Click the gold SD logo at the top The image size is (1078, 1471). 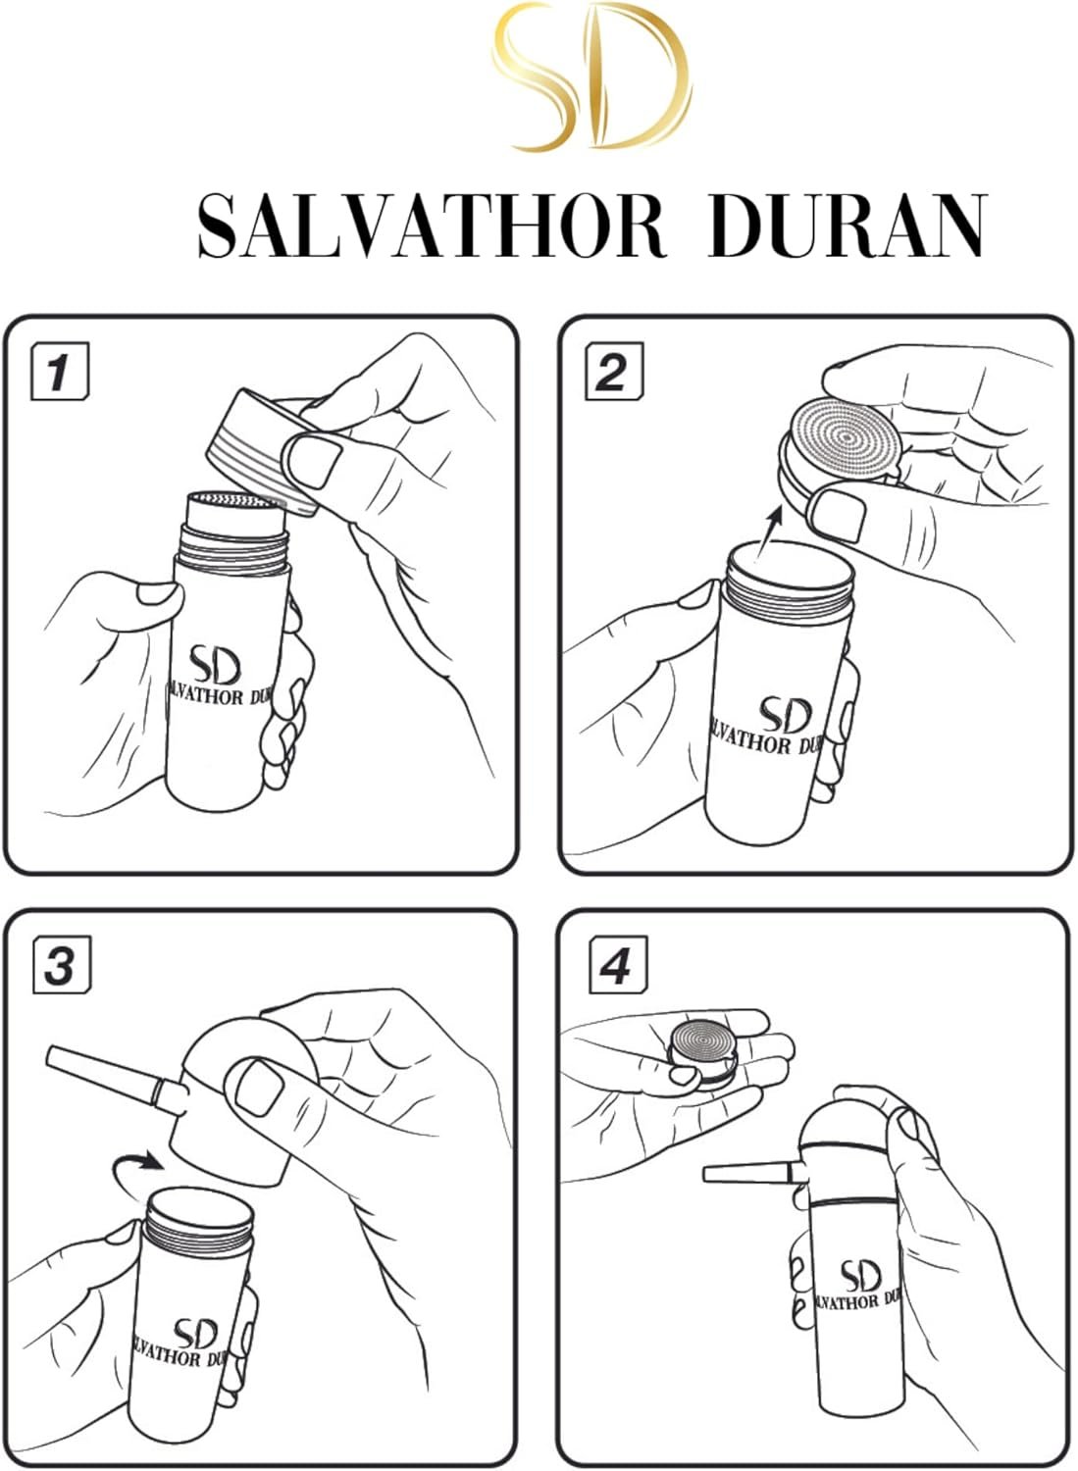click(591, 76)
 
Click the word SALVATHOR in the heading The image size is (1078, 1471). click(433, 227)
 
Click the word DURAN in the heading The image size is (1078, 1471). click(847, 227)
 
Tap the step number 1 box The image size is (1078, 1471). click(60, 372)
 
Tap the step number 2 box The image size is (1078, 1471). click(614, 372)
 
